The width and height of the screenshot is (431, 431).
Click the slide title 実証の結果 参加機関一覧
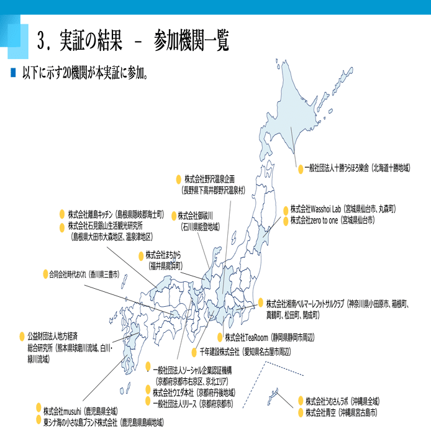tap(133, 42)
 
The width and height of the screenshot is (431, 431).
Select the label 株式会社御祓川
tap(196, 216)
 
